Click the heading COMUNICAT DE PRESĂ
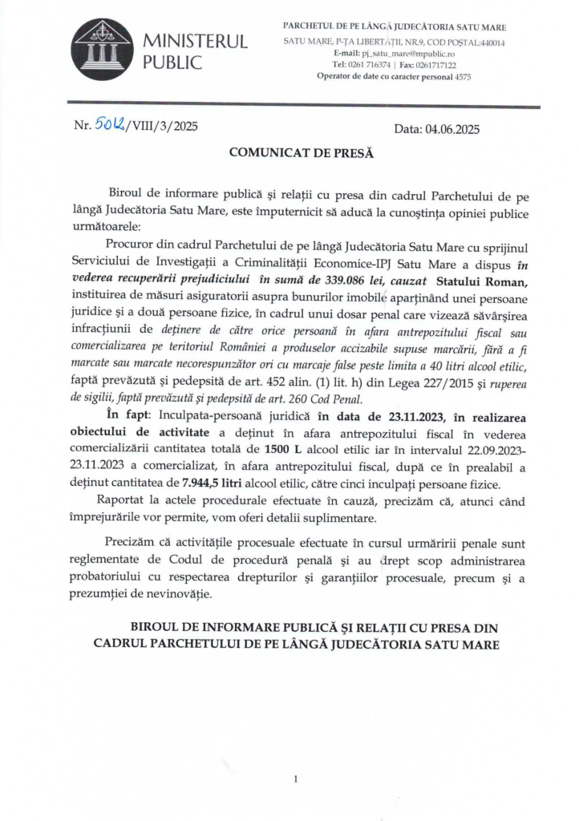click(289, 152)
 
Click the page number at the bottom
click(296, 779)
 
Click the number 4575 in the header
click(460, 77)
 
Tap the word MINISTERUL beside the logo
click(195, 42)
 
